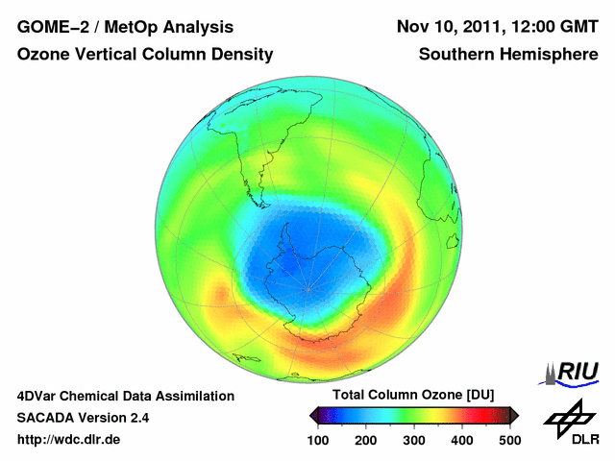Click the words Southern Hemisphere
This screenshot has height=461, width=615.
pos(508,55)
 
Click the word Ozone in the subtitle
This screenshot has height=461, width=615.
pos(44,55)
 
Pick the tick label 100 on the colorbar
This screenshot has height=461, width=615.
pos(318,439)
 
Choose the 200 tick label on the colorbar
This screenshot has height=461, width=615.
pos(366,439)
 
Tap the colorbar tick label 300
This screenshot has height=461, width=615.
pos(414,439)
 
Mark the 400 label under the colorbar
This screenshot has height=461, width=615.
pos(461,439)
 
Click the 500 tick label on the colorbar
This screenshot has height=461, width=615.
pos(509,439)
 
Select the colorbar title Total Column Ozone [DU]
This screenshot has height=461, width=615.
pos(413,395)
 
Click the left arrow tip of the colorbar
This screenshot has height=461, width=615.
pos(311,415)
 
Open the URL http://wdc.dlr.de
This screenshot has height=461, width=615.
pos(69,440)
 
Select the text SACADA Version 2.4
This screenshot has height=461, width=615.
pos(83,418)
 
